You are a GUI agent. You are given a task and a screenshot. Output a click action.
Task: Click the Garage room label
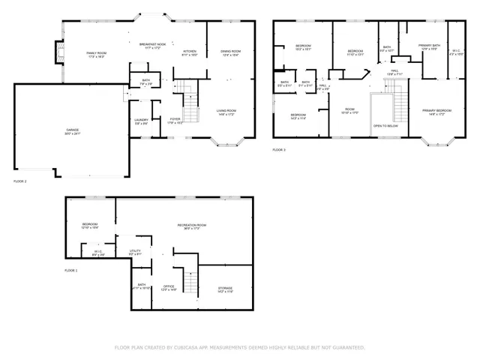pyautogui.click(x=72, y=130)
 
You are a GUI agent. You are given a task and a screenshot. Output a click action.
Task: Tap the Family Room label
pyautogui.click(x=96, y=54)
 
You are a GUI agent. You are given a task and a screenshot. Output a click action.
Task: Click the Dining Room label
pyautogui.click(x=230, y=52)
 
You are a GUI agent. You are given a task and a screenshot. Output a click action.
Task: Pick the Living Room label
pyautogui.click(x=227, y=112)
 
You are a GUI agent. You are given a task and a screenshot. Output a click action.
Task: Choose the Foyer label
pyautogui.click(x=174, y=121)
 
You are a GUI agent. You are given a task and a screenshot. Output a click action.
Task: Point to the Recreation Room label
pyautogui.click(x=192, y=226)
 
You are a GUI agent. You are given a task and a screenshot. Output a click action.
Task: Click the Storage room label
pyautogui.click(x=225, y=289)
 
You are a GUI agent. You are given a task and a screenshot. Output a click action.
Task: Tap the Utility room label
pyautogui.click(x=136, y=253)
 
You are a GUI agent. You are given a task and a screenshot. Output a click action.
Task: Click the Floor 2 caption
pyautogui.click(x=20, y=181)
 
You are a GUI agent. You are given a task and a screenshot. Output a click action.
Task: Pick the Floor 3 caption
pyautogui.click(x=279, y=150)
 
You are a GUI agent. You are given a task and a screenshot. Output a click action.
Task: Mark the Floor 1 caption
pyautogui.click(x=70, y=269)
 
